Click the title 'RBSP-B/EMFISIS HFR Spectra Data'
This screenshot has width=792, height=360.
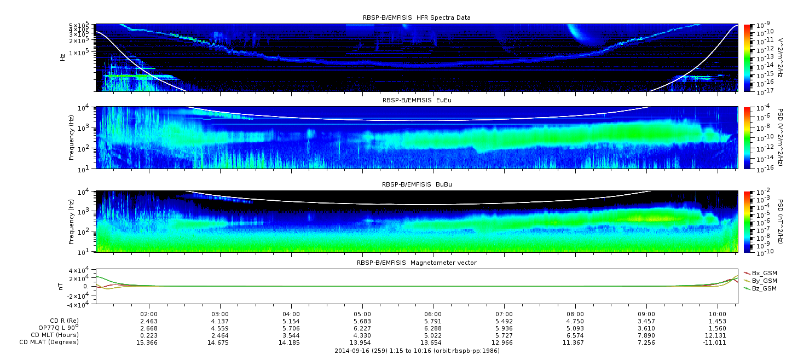click(x=417, y=18)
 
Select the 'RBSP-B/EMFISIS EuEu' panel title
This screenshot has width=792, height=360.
click(x=417, y=100)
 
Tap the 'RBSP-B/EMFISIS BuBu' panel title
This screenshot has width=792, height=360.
click(x=417, y=184)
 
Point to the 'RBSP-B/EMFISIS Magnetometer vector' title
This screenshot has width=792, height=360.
click(x=417, y=263)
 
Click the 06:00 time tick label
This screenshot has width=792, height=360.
click(x=433, y=314)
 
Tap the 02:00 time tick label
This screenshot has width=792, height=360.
click(x=149, y=314)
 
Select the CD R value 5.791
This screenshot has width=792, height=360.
click(x=433, y=321)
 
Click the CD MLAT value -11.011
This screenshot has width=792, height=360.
click(x=715, y=342)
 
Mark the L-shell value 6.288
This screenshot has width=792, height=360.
click(x=433, y=328)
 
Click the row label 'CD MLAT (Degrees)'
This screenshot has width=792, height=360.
click(x=49, y=342)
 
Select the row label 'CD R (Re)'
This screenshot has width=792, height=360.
click(x=64, y=321)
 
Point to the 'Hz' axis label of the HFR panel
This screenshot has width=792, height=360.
click(x=62, y=57)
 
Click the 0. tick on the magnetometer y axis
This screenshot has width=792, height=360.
click(x=86, y=287)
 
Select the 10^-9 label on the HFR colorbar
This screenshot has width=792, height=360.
click(x=762, y=25)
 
